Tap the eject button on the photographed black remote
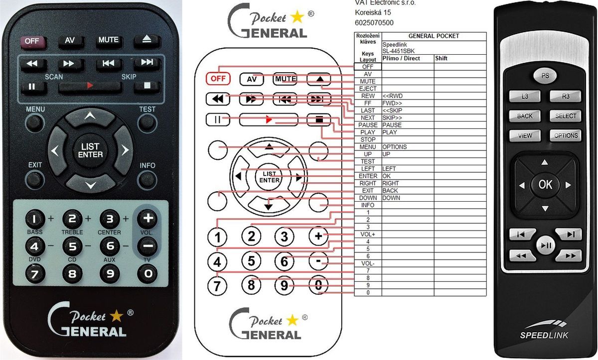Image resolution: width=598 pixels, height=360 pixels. pyautogui.click(x=147, y=41)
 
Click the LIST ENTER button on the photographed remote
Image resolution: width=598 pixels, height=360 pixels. pyautogui.click(x=90, y=150)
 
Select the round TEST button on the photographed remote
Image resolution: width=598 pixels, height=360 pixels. pyautogui.click(x=147, y=123)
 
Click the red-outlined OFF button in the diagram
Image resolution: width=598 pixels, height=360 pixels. pyautogui.click(x=218, y=79)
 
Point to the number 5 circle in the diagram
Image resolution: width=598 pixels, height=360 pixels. pyautogui.click(x=251, y=261)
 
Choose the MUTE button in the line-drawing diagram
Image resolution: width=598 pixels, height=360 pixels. pyautogui.click(x=285, y=79)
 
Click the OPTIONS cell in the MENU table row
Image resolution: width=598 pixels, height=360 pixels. pyautogui.click(x=395, y=147)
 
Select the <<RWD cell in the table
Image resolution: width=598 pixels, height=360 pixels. pyautogui.click(x=393, y=96)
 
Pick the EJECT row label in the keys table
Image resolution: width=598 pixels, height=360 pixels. pyautogui.click(x=368, y=89)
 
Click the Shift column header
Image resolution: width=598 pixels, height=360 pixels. pyautogui.click(x=441, y=58)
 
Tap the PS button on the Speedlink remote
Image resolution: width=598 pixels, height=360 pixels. pyautogui.click(x=545, y=76)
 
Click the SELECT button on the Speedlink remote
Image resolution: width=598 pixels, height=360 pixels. pyautogui.click(x=566, y=116)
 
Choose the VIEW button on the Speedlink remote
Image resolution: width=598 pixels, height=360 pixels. pyautogui.click(x=525, y=136)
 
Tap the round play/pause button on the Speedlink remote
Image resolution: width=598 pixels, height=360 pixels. pyautogui.click(x=546, y=245)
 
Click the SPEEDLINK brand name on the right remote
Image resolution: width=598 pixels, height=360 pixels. pyautogui.click(x=544, y=335)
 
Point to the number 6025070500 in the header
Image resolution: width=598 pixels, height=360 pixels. pyautogui.click(x=374, y=23)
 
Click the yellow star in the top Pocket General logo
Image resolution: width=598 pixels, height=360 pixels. pyautogui.click(x=297, y=16)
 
